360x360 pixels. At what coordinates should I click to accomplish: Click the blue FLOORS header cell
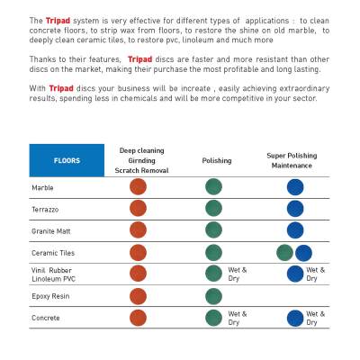coord(67,160)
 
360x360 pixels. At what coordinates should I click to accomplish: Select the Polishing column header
coord(217,161)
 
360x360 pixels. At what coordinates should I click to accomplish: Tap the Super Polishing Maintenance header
coord(292,160)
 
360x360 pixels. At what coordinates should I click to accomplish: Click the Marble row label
coord(42,188)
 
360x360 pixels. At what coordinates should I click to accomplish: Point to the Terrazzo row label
coord(45,210)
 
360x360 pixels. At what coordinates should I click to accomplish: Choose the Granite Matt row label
coord(51,231)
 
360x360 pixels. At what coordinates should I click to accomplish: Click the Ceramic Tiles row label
coord(53,253)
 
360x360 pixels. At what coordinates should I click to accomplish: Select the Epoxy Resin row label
coord(50,296)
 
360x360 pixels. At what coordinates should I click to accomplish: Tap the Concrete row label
coord(46,318)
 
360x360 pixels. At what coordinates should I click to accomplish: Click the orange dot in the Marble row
coord(138,186)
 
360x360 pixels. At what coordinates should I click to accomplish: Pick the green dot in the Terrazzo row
coord(214,208)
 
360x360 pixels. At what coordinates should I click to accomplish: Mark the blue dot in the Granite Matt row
coord(295,230)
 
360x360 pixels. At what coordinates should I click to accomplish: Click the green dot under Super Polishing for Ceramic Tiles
coord(284,253)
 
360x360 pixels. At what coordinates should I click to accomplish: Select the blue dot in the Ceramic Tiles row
coord(303,253)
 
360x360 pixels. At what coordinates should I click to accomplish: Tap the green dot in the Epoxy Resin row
coord(214,296)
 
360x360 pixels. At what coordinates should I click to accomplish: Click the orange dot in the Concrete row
coord(138,318)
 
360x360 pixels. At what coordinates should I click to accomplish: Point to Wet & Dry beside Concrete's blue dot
coord(315,318)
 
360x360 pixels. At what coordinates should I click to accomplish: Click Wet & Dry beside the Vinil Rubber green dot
coord(238,274)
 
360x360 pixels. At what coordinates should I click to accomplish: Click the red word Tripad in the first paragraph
coord(58,21)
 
